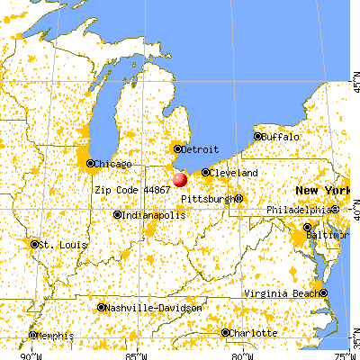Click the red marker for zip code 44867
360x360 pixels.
pyautogui.click(x=181, y=180)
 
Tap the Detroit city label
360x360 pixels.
pyautogui.click(x=200, y=148)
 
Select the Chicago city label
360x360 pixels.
pyautogui.click(x=112, y=164)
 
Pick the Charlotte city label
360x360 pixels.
pyautogui.click(x=254, y=332)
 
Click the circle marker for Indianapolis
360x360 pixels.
pyautogui.click(x=117, y=215)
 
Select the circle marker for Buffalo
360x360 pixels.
pyautogui.click(x=257, y=137)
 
